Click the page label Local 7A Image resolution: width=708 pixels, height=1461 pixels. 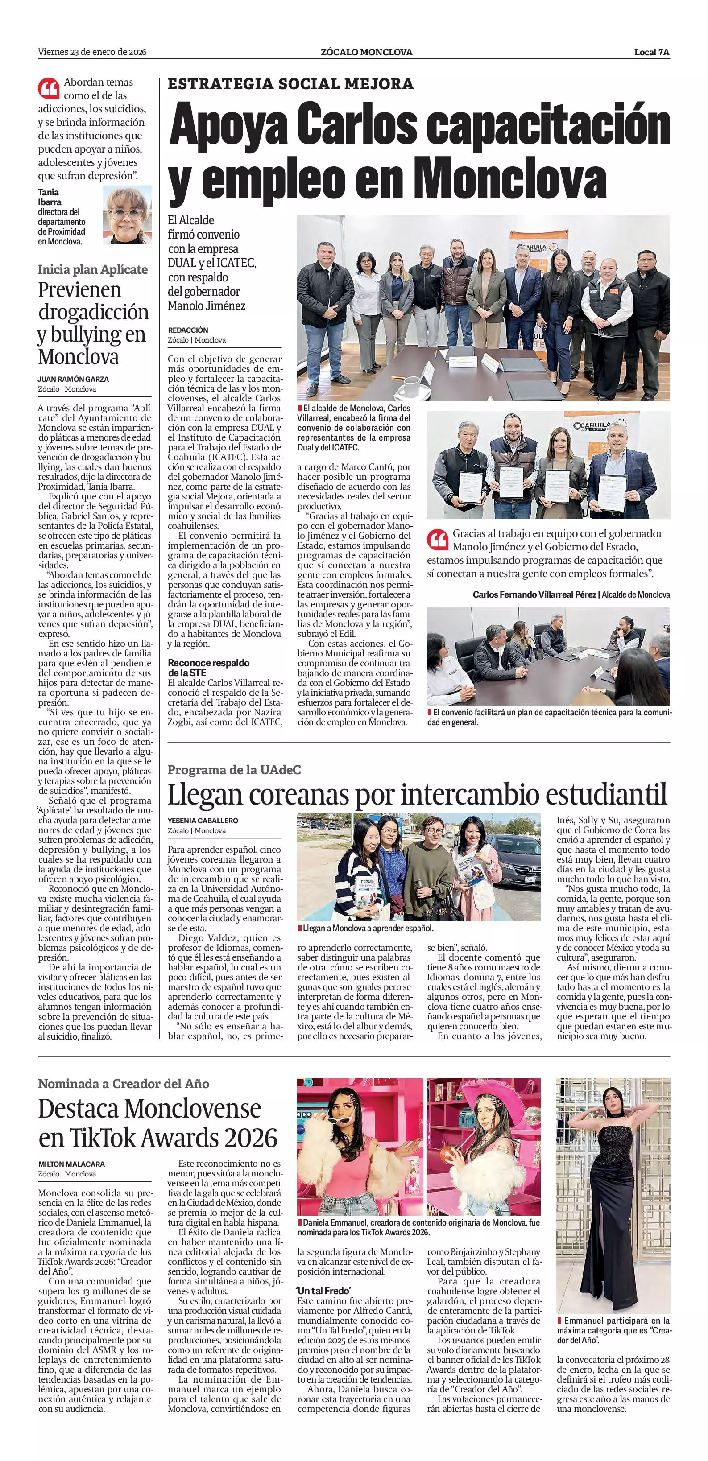click(652, 52)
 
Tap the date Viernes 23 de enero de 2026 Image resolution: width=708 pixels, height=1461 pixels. click(92, 52)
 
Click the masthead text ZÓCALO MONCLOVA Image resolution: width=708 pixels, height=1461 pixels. click(366, 52)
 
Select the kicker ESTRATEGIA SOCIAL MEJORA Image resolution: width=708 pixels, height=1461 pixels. click(290, 84)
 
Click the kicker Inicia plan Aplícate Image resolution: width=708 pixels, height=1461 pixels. click(92, 269)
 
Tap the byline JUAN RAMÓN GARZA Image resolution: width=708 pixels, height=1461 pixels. click(73, 380)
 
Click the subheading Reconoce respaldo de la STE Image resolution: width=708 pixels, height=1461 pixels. click(208, 667)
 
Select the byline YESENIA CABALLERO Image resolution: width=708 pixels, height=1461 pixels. click(203, 821)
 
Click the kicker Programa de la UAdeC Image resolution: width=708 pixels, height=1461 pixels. click(234, 770)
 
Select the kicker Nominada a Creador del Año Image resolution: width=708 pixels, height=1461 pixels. click(123, 1084)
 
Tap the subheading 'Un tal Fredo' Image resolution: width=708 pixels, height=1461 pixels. click(323, 1275)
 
